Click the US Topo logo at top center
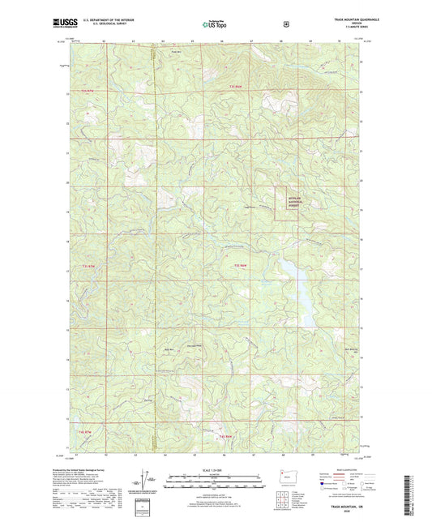(x=216, y=24)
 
